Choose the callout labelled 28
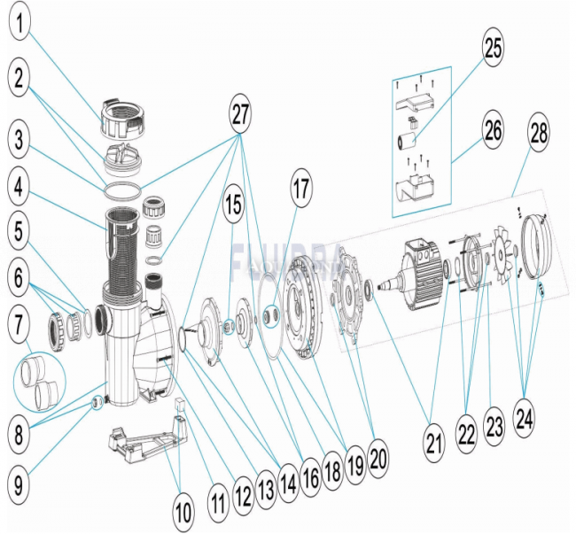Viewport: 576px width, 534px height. point(539,136)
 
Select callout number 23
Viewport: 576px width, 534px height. point(494,425)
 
